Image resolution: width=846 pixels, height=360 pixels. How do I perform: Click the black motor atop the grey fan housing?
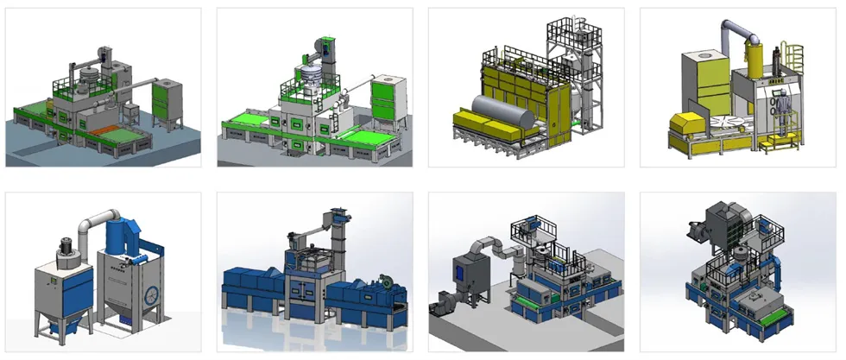[63, 245]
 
